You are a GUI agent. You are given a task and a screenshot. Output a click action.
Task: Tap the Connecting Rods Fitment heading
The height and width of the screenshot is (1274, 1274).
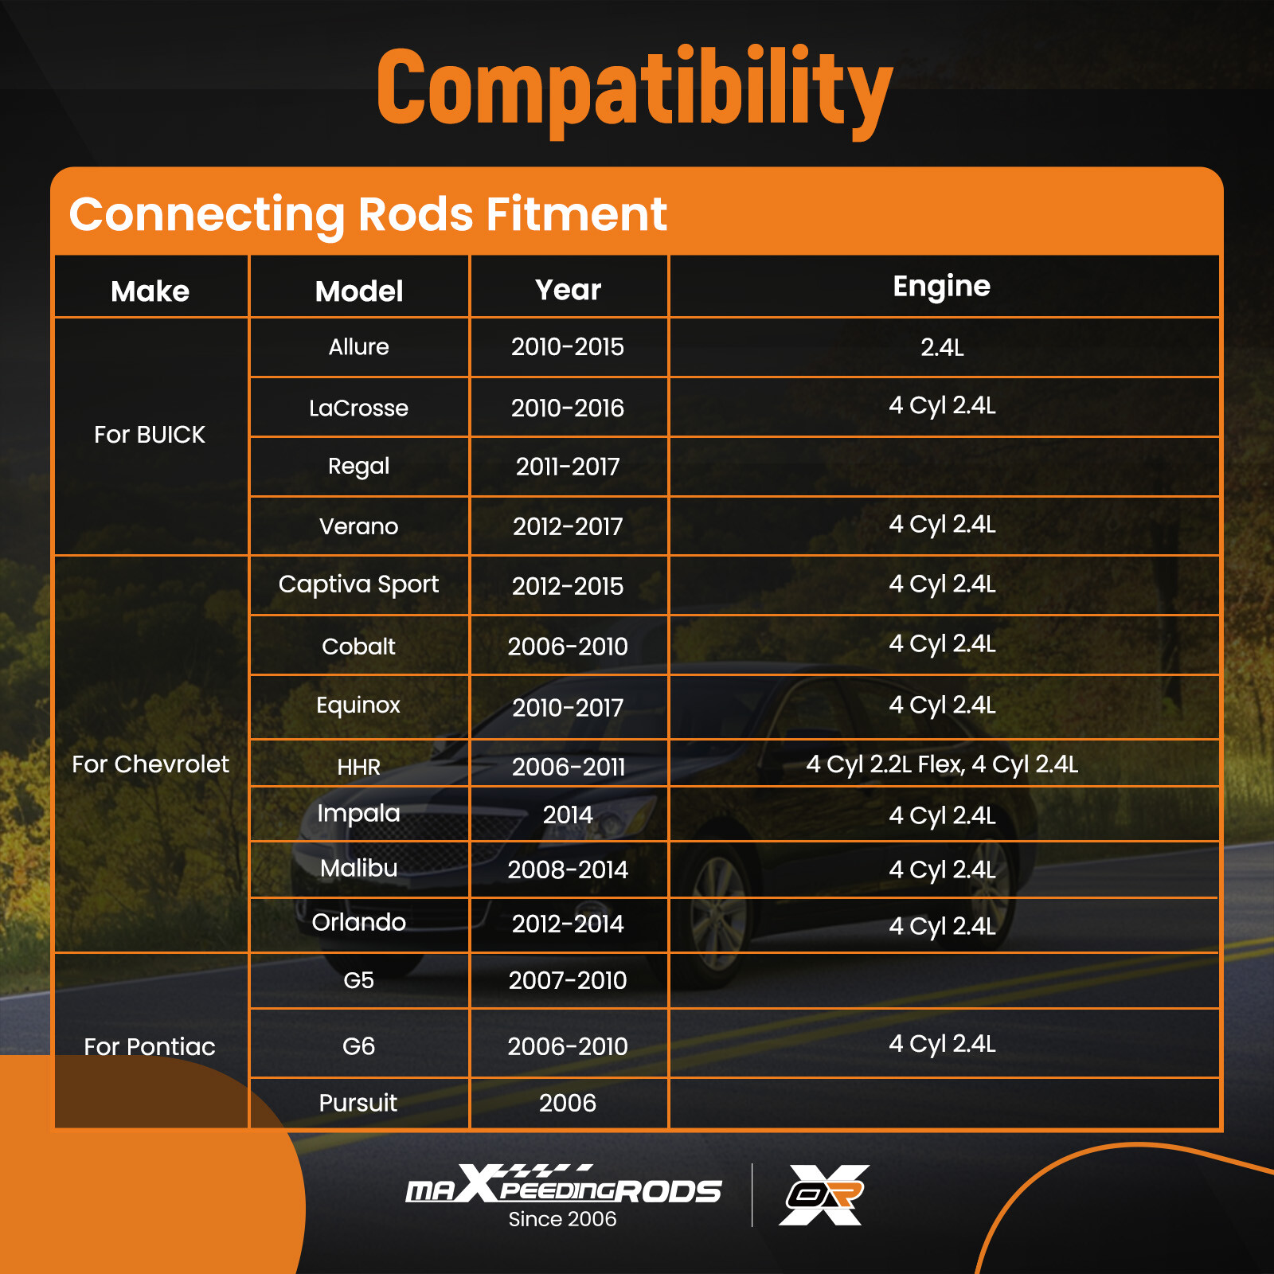[368, 215]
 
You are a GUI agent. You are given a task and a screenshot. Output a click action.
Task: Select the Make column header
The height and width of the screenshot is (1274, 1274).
[150, 291]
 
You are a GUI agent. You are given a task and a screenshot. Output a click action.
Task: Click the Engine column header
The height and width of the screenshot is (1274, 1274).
[942, 287]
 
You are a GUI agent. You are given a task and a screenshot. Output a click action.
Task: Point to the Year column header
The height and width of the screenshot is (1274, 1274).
[568, 290]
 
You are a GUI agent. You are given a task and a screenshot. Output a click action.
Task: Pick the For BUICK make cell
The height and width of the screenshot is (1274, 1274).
[150, 435]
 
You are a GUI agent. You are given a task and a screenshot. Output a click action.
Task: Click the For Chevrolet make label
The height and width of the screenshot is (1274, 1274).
[150, 764]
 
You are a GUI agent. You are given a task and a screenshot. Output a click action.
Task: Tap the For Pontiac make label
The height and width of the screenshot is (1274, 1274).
[150, 1046]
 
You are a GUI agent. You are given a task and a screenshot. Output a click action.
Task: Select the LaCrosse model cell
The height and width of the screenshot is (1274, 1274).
[358, 408]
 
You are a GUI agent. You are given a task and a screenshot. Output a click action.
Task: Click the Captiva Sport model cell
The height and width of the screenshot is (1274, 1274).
[358, 585]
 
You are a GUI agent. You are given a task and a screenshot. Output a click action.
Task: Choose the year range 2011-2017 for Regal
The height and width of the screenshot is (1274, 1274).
[568, 467]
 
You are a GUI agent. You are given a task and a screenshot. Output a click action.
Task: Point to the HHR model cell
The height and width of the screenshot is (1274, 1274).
[358, 767]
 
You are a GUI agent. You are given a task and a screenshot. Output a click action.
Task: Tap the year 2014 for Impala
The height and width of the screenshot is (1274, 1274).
[568, 815]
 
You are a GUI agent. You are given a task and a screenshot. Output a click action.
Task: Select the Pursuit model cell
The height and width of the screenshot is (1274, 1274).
[358, 1103]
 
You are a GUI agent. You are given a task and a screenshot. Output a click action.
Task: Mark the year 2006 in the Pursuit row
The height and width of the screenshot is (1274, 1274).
[568, 1103]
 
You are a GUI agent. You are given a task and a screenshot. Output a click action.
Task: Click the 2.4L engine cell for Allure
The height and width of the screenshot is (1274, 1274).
[942, 347]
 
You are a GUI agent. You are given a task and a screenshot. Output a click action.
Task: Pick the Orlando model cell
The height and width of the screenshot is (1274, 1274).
[358, 922]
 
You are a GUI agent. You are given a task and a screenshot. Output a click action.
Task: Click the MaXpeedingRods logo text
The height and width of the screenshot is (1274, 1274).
[563, 1185]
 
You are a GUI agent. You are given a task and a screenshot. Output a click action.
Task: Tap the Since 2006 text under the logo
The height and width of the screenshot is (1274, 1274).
[563, 1219]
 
